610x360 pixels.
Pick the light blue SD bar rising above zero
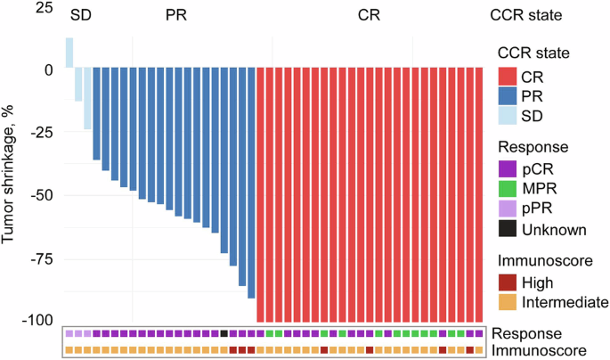69,53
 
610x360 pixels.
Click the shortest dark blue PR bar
97,114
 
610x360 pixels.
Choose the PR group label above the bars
176,15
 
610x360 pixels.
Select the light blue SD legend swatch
508,115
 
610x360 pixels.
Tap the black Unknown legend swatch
508,229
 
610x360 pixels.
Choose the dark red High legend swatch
508,282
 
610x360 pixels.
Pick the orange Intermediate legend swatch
508,302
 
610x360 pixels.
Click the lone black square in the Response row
224,333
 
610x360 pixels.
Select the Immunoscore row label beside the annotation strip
541,350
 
